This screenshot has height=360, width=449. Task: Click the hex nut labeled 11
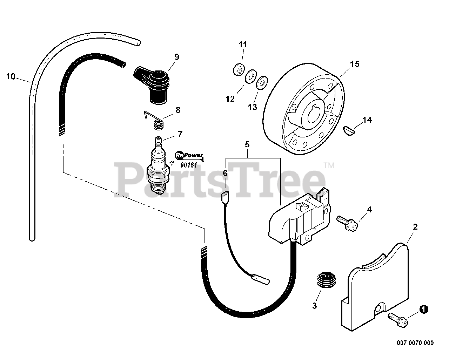pos(238,70)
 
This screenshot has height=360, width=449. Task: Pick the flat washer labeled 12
pos(250,77)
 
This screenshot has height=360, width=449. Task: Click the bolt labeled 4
pos(347,223)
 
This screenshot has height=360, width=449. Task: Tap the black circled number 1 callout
pos(424,309)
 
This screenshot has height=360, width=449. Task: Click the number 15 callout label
pos(355,64)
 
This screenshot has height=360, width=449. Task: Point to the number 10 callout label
pos(11,76)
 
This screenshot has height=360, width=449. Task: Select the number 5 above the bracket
pos(247,144)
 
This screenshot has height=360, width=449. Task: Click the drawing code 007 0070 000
pos(415,343)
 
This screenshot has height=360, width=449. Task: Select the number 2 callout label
pos(415,227)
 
